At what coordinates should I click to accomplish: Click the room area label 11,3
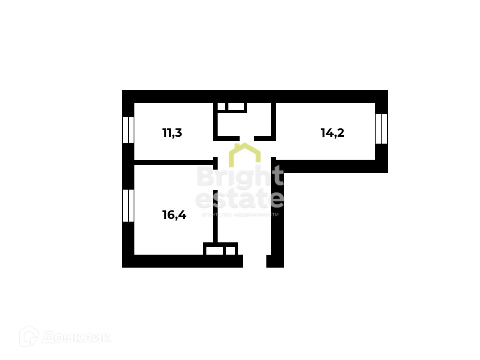[172, 133]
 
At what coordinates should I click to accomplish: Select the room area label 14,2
[332, 132]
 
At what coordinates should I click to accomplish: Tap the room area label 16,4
[174, 215]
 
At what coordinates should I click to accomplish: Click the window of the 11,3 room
[128, 130]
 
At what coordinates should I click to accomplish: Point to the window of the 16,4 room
[128, 205]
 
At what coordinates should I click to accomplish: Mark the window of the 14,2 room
[382, 128]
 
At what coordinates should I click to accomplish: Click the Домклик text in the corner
[76, 338]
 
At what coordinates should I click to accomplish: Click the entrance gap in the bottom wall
[254, 261]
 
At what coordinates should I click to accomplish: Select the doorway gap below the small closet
[246, 138]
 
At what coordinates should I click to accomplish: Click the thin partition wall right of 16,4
[215, 216]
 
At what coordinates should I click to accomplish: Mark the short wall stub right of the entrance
[275, 261]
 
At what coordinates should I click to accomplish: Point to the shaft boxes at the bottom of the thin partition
[220, 250]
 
